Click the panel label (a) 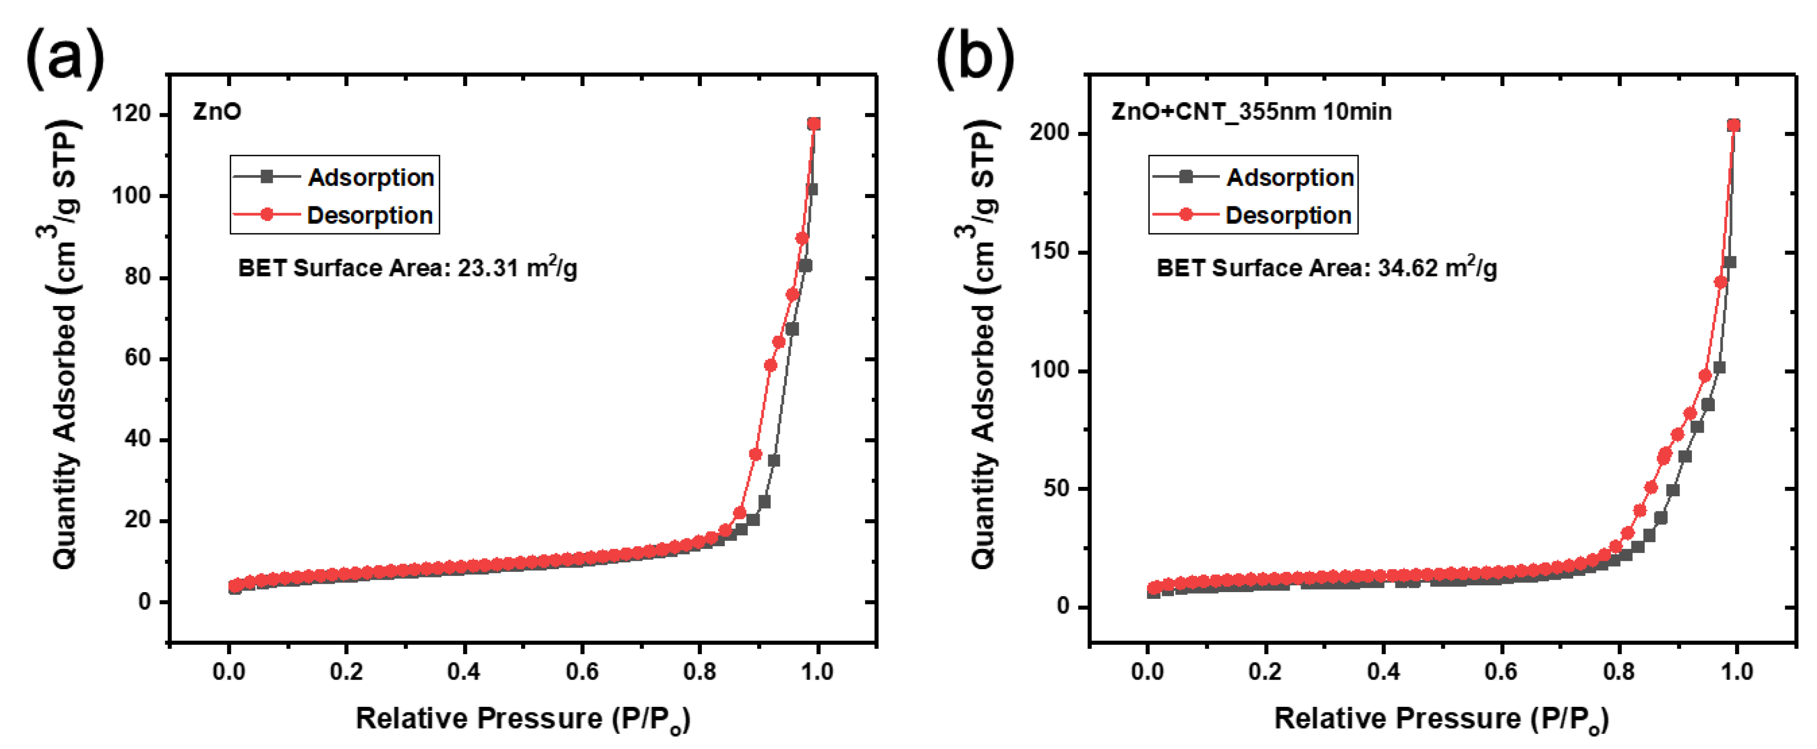[65, 56]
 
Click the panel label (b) [975, 56]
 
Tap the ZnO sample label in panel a [217, 112]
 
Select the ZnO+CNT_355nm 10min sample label [1251, 112]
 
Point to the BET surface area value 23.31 [487, 268]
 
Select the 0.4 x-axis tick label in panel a [463, 671]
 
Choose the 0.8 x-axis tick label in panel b [1618, 671]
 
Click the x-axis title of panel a [523, 718]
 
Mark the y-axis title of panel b [983, 344]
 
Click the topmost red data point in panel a [814, 124]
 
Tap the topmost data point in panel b [1733, 126]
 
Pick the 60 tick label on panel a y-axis [135, 358]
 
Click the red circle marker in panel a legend [267, 214]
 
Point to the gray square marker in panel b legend [1185, 176]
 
